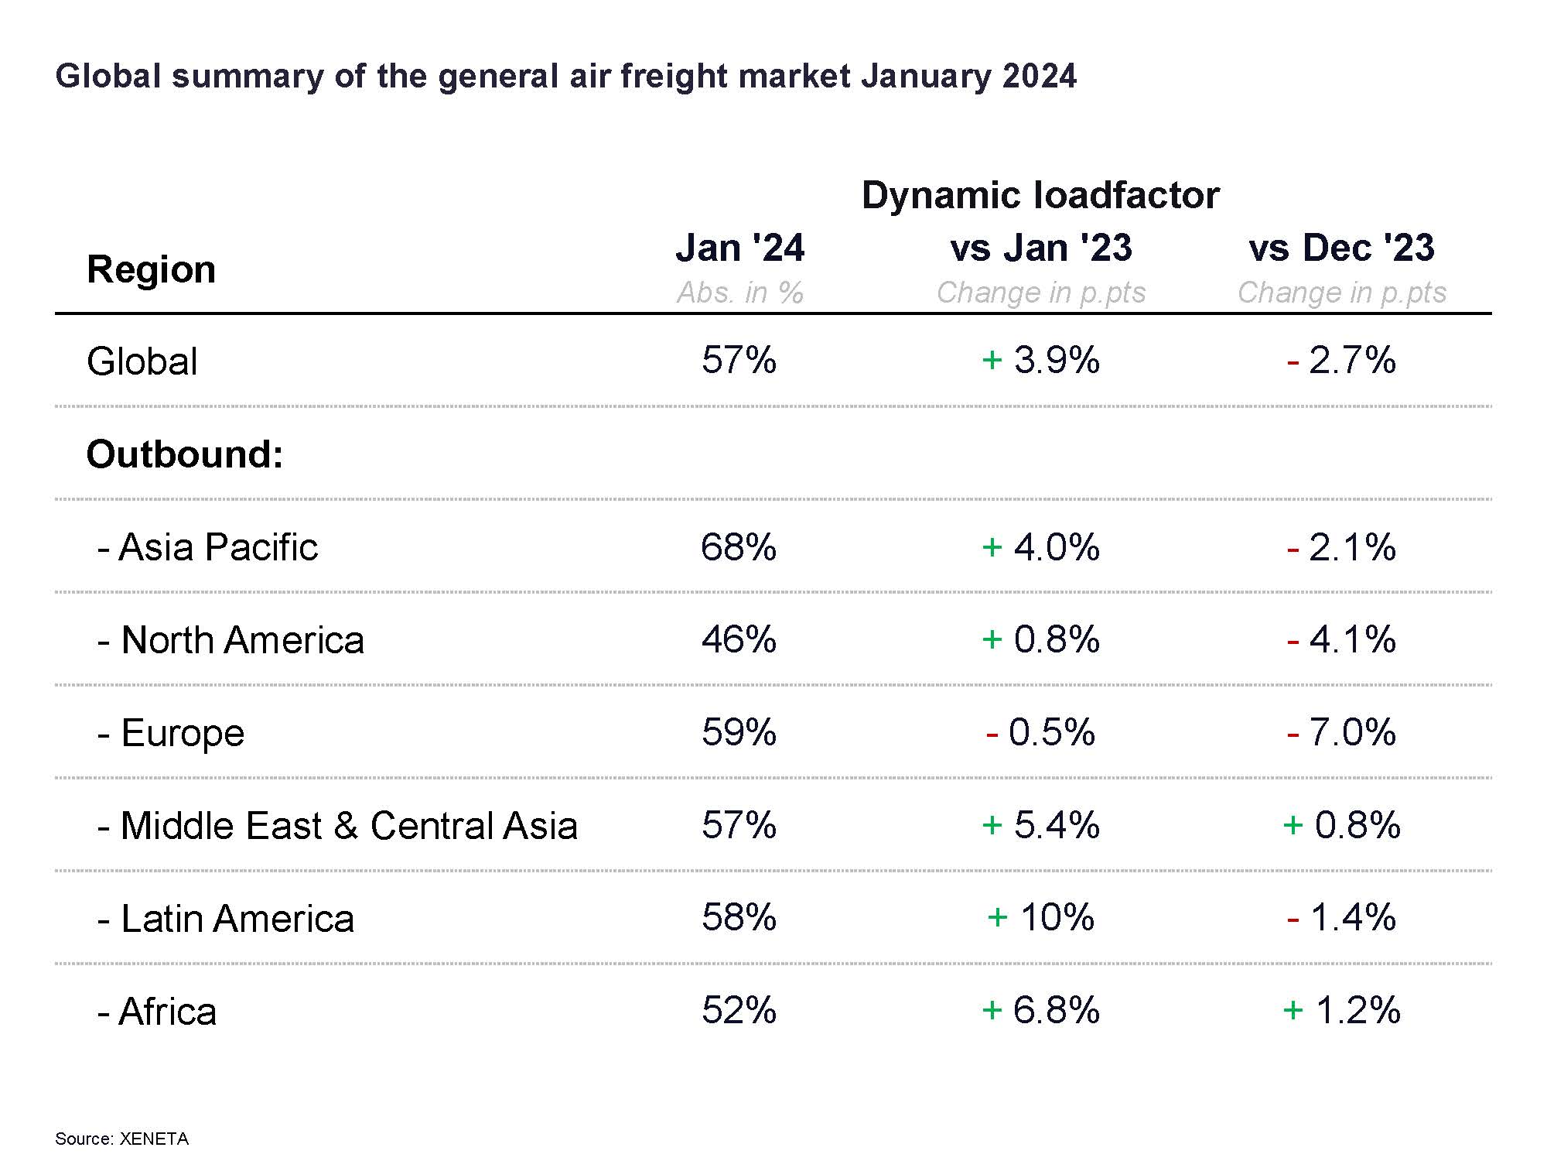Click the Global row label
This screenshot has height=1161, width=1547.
[142, 361]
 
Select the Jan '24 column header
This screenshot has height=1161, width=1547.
[740, 248]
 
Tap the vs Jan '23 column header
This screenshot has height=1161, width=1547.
[1041, 248]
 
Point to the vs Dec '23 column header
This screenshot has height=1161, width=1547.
[1342, 248]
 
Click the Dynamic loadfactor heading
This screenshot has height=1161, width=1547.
[1041, 194]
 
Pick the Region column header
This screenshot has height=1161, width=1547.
[151, 269]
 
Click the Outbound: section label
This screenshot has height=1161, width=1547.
[185, 454]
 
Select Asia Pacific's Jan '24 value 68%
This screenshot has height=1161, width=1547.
[739, 547]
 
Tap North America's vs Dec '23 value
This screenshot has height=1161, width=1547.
[1342, 640]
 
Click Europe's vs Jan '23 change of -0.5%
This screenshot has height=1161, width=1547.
[1041, 732]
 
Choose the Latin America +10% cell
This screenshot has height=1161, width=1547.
[1041, 918]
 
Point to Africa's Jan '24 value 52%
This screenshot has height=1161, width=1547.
[739, 1011]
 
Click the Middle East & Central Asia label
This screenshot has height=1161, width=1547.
[337, 826]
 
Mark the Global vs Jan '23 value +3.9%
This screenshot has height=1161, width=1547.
[1041, 361]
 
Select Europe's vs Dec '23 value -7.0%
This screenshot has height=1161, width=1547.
[1342, 732]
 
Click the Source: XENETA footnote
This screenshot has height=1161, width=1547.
[121, 1139]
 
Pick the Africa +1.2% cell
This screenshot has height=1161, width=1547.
[1342, 1011]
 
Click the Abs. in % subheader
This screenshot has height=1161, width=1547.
[740, 293]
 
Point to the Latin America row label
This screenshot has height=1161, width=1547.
[226, 919]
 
